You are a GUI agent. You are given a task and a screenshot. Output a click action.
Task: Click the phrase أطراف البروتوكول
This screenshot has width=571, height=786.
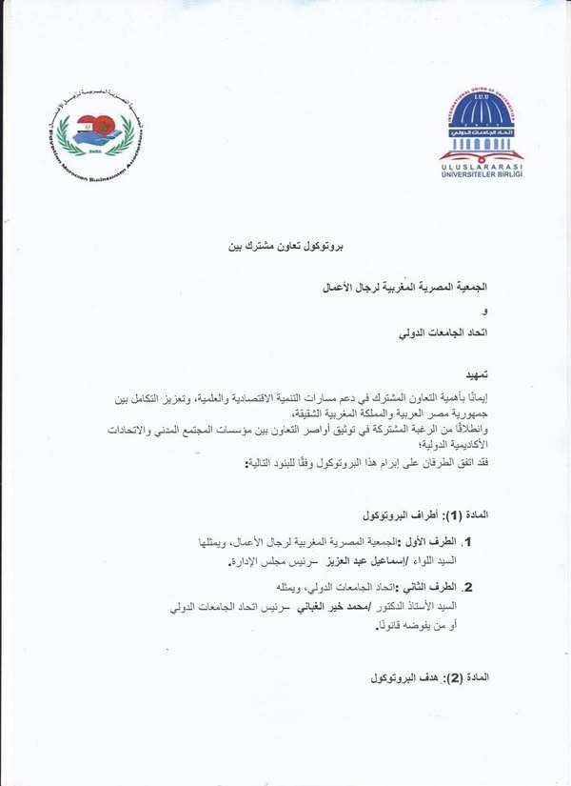pos(399,515)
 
